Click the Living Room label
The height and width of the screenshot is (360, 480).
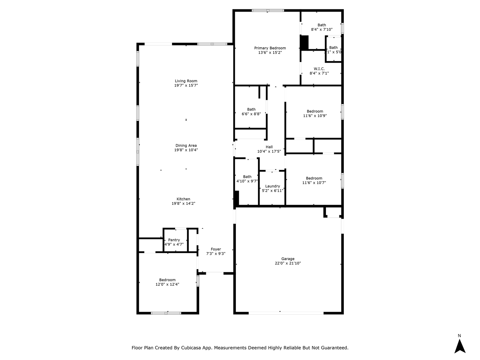click(186, 81)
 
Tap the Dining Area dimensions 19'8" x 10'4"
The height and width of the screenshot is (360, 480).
click(186, 150)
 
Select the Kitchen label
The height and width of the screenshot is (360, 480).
click(183, 199)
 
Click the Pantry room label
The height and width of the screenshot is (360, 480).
click(174, 240)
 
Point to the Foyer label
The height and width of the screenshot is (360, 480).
click(216, 249)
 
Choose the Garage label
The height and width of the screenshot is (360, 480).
click(288, 259)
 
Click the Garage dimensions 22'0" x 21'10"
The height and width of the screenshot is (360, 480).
click(288, 263)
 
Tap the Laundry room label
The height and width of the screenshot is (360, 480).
click(273, 186)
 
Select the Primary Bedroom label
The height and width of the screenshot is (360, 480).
click(270, 48)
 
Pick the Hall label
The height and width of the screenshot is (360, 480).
click(269, 147)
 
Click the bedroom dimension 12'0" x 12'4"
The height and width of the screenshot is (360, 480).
click(167, 284)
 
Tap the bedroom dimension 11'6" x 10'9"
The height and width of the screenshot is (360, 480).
click(315, 116)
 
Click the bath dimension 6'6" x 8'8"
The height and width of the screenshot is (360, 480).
click(251, 114)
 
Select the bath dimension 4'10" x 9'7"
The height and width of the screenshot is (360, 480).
click(247, 181)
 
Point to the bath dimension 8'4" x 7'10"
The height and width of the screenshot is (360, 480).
click(322, 29)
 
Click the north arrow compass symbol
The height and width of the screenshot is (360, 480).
click(460, 345)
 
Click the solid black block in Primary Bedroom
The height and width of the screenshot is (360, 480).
click(304, 42)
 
